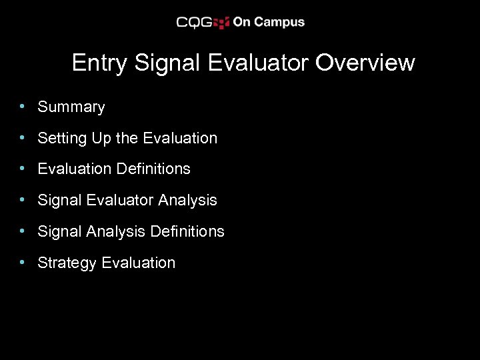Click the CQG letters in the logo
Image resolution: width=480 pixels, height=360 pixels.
(194, 23)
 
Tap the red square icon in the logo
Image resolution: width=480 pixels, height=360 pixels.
(222, 23)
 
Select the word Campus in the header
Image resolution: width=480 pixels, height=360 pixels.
(279, 22)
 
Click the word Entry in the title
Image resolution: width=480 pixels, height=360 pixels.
(101, 63)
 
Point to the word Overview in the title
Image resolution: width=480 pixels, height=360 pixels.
(365, 63)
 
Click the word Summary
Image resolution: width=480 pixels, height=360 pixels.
(71, 107)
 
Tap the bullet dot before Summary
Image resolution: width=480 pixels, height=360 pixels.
(23, 106)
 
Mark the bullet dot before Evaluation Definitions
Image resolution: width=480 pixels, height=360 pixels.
(23, 168)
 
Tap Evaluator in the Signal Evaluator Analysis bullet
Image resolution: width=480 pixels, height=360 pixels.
(115, 200)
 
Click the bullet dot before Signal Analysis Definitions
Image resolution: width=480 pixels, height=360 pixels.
(23, 231)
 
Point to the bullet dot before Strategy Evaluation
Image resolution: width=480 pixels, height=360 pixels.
(23, 262)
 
